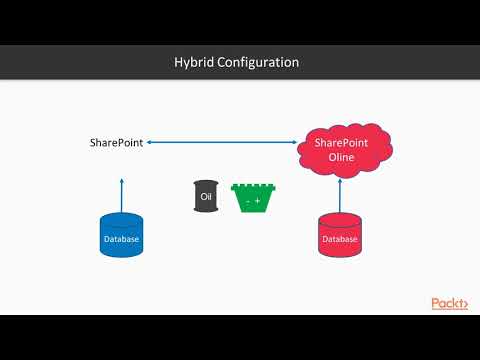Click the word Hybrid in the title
pos(195,62)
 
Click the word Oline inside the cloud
pos(342,160)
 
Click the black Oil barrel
pos(207,197)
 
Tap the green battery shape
pos(252,198)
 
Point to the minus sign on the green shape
pos(246,202)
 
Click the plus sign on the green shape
pos(258,202)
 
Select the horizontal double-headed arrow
pos(222,143)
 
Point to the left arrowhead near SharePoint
pos(150,143)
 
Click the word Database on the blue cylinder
pos(121,239)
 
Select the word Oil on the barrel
pos(207,197)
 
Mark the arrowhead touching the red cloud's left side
pos(295,143)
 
